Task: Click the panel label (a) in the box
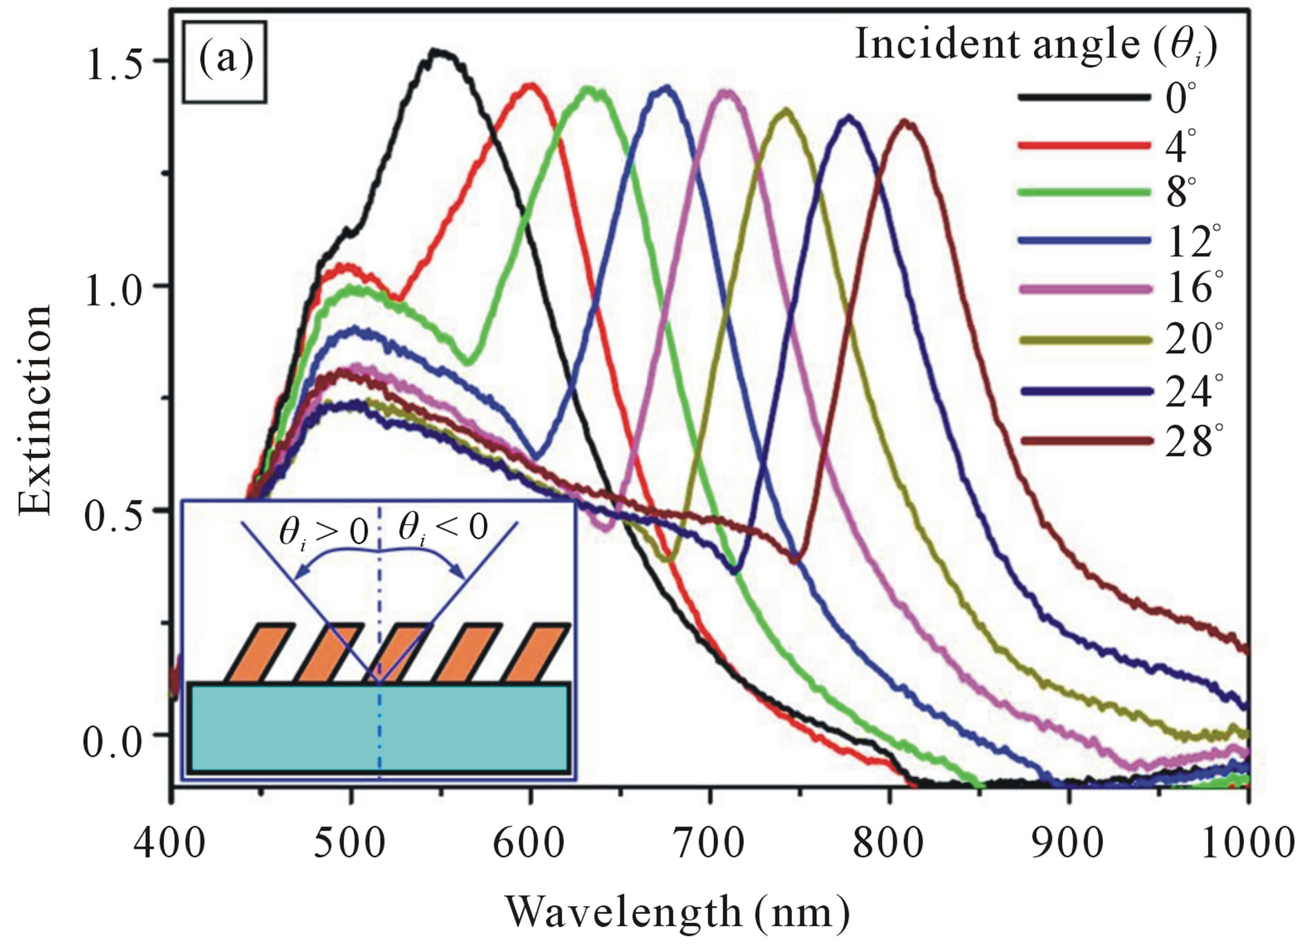pos(225,62)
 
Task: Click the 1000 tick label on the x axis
pos(1248,843)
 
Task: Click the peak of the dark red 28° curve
pos(905,122)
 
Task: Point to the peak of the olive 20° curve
pos(786,110)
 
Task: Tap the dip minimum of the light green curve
pos(469,361)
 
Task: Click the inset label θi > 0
pos(323,533)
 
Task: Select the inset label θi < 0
pos(443,529)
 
